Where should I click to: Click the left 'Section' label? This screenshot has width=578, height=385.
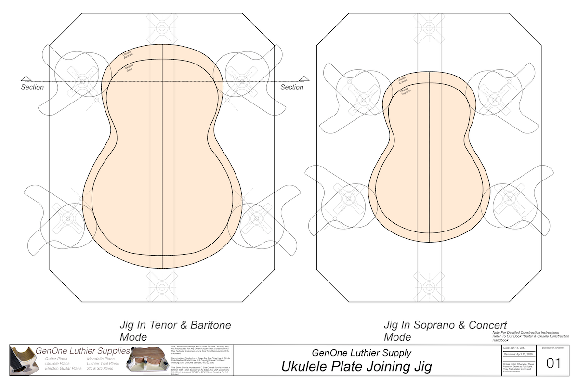(x=32, y=87)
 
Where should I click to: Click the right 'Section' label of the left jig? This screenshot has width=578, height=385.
(x=292, y=87)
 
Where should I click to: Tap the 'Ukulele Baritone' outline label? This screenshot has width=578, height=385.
(x=128, y=54)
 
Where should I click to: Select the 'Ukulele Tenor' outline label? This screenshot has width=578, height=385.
(x=129, y=68)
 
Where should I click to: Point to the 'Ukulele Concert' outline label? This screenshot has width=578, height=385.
(x=402, y=80)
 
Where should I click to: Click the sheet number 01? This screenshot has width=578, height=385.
(x=553, y=364)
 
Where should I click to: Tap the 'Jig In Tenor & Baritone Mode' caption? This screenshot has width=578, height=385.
(x=175, y=331)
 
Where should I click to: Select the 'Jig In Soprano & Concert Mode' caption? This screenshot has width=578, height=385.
(x=445, y=331)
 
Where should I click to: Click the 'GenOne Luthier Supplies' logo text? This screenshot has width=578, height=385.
(x=83, y=351)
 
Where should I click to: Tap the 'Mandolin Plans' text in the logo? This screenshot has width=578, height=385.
(x=101, y=359)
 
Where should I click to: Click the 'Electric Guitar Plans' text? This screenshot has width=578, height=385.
(x=63, y=369)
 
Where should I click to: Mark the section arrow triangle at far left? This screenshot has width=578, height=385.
(x=26, y=78)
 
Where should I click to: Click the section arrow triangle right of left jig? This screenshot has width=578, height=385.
(x=303, y=78)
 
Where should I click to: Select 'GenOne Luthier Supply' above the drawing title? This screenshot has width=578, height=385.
(x=362, y=353)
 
